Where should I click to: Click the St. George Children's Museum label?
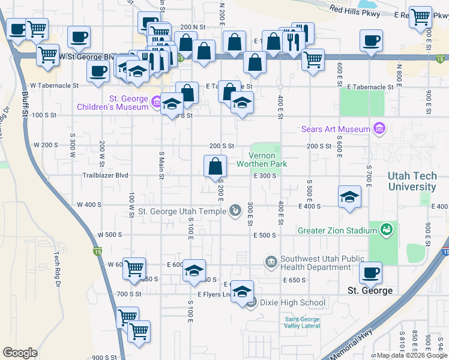pos(112,103)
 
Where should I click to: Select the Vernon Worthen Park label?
pos(262,160)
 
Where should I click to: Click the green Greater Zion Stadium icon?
pos(387,229)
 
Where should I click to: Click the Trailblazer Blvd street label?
pos(105,176)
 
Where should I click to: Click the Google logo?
pos(20,352)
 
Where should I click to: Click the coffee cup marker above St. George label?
pos(370,272)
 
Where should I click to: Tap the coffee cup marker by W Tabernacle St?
pos(98,71)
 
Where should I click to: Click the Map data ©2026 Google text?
pos(409,355)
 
